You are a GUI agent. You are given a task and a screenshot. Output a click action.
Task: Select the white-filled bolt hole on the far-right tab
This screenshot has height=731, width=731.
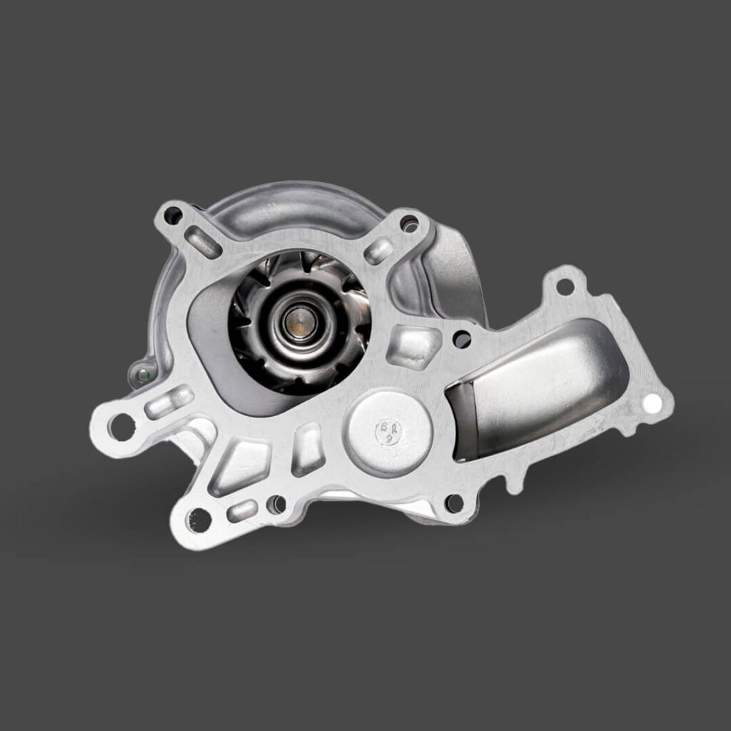click(651, 403)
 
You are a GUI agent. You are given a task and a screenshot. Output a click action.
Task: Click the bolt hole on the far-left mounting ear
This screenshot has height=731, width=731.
click(122, 426)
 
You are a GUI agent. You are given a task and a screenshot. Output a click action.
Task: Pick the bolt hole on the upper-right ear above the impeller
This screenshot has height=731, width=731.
click(409, 223)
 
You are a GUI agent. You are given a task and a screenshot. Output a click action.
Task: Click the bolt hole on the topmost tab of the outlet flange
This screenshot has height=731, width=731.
click(564, 287)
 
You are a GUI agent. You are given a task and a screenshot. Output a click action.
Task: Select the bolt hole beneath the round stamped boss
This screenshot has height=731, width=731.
click(453, 503)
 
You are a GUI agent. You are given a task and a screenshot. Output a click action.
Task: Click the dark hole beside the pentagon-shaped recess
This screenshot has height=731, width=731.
click(462, 339)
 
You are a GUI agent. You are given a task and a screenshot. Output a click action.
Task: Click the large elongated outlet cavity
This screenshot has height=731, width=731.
click(543, 385)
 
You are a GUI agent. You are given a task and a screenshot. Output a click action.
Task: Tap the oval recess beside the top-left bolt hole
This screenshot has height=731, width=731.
click(203, 242)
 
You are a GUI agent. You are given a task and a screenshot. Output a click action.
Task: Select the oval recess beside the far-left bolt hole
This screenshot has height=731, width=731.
click(168, 402)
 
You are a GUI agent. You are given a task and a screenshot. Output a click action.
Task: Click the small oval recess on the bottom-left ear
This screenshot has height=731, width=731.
click(242, 510)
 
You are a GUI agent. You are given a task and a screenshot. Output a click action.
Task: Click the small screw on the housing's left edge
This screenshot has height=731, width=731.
click(142, 373)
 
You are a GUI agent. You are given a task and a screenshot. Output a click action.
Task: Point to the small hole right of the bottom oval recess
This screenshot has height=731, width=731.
click(276, 505)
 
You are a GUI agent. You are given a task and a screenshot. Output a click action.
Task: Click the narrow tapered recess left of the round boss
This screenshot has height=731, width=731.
click(308, 449)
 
